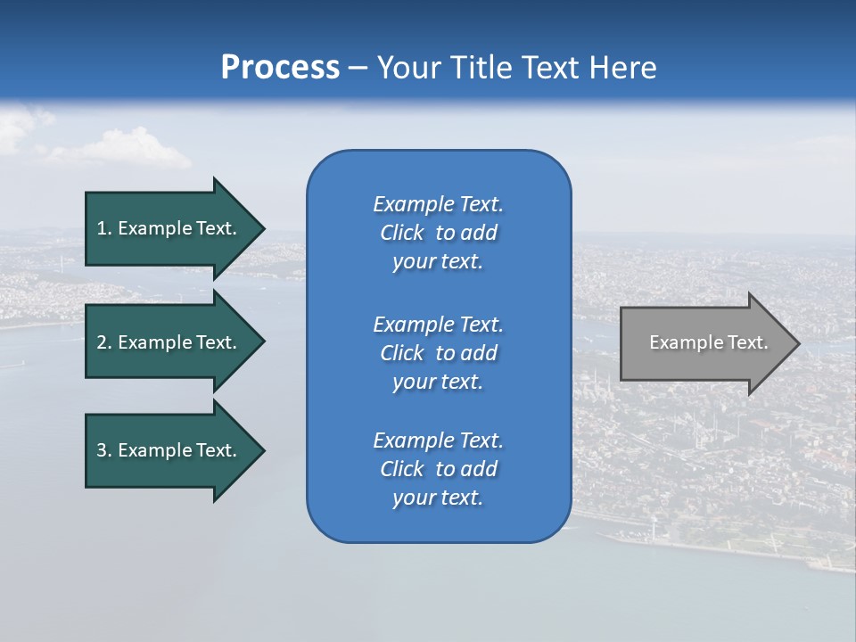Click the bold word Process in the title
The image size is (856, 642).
pyautogui.click(x=280, y=68)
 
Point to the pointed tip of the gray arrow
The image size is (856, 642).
pyautogui.click(x=798, y=343)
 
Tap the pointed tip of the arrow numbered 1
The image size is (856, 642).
pyautogui.click(x=263, y=228)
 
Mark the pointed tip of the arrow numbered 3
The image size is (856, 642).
pyautogui.click(x=263, y=450)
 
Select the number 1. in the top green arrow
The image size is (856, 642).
pyautogui.click(x=103, y=228)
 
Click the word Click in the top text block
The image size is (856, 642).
pyautogui.click(x=402, y=233)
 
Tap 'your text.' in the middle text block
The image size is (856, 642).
pyautogui.click(x=438, y=382)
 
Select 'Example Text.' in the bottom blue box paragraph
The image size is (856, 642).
pyautogui.click(x=438, y=440)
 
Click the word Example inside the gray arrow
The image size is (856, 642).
pyautogui.click(x=679, y=342)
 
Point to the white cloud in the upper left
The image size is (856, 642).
pyautogui.click(x=134, y=150)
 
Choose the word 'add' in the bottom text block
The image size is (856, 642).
pyautogui.click(x=479, y=469)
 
